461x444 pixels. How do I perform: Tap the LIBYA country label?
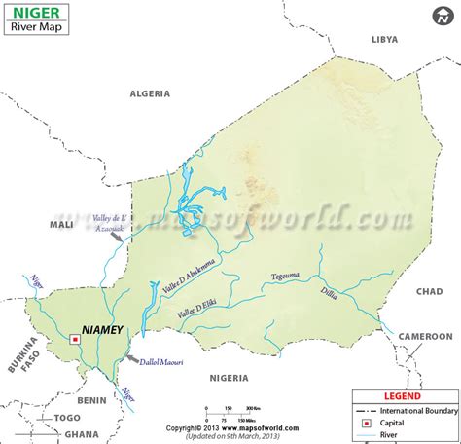385,39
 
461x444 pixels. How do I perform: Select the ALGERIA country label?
150,94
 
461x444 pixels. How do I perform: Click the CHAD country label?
429,292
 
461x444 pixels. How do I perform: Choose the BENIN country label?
92,399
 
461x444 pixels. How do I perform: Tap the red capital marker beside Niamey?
75,339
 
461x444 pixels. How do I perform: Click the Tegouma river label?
287,276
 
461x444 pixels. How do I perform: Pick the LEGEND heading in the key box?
405,397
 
